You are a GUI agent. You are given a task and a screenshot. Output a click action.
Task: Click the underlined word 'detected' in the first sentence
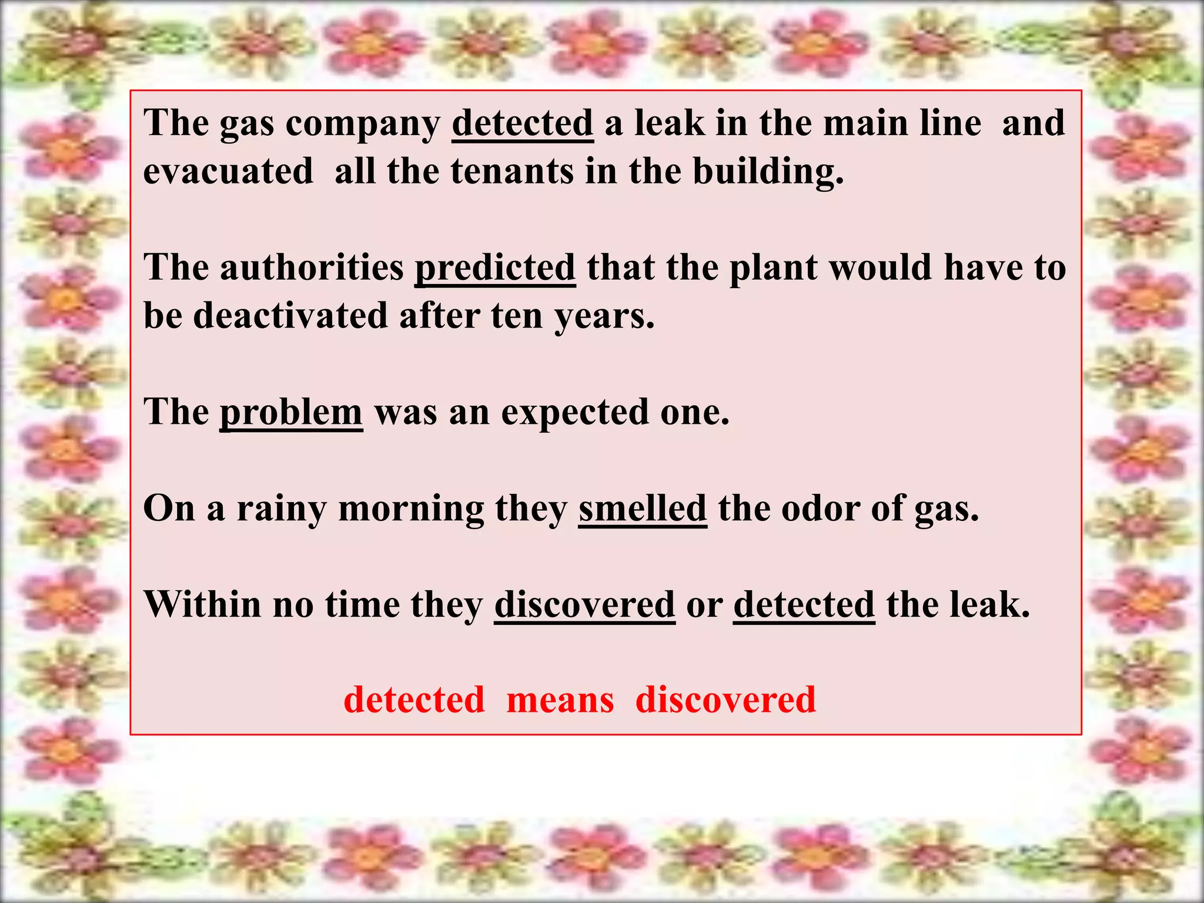[x=522, y=123]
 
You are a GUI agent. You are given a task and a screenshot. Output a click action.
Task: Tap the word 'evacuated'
[x=228, y=172]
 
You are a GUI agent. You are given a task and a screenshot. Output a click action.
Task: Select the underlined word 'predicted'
[x=495, y=268]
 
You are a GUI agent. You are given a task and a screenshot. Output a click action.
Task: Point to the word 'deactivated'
[x=290, y=316]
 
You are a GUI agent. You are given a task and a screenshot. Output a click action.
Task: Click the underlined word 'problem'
[x=291, y=412]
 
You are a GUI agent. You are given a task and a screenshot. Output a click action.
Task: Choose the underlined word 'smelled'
[x=642, y=509]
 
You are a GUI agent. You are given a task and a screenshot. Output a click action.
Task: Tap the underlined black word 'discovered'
[x=584, y=604]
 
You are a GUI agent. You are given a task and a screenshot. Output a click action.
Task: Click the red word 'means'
[x=560, y=700]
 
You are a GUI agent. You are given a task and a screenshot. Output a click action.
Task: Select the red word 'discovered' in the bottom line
[x=725, y=700]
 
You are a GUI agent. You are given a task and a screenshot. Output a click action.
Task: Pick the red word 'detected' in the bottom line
[x=414, y=700]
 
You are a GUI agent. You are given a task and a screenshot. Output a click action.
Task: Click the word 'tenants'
[x=512, y=172]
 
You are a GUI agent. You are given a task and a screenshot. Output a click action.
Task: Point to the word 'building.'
[x=768, y=172]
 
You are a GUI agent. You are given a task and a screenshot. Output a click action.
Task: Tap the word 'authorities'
[x=312, y=268]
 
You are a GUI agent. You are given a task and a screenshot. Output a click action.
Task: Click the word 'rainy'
[x=281, y=509]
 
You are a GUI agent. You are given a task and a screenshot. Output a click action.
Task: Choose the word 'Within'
[x=202, y=604]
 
